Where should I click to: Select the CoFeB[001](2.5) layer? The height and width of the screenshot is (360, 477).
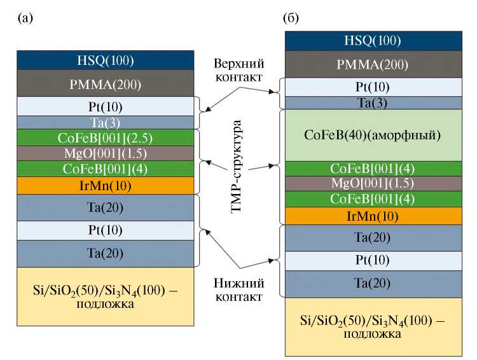click(x=105, y=137)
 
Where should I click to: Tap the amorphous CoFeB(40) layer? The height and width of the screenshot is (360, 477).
click(x=373, y=135)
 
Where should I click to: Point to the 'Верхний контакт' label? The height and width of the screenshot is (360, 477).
click(x=238, y=71)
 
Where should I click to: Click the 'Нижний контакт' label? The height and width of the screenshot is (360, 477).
click(x=238, y=289)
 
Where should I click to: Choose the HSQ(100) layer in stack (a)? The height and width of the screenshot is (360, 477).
click(x=105, y=60)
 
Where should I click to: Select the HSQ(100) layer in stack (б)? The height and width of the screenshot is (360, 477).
click(x=373, y=41)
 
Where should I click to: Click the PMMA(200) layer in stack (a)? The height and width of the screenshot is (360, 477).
click(x=105, y=83)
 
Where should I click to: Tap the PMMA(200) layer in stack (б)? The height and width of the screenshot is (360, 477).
click(x=373, y=64)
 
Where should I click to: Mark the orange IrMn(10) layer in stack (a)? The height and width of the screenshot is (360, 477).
click(x=105, y=185)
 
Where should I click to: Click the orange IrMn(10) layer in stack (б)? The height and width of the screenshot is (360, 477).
click(x=373, y=216)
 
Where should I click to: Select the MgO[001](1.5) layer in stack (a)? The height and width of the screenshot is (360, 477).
click(x=105, y=153)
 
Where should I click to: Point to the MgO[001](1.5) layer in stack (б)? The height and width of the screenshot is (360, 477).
click(x=373, y=184)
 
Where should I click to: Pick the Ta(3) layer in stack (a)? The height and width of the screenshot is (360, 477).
click(x=105, y=122)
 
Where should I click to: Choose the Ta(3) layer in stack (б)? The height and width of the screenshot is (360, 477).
click(x=373, y=102)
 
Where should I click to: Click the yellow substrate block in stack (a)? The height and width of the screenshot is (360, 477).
click(x=105, y=298)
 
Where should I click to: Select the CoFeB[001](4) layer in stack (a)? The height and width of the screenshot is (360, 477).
click(x=105, y=169)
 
